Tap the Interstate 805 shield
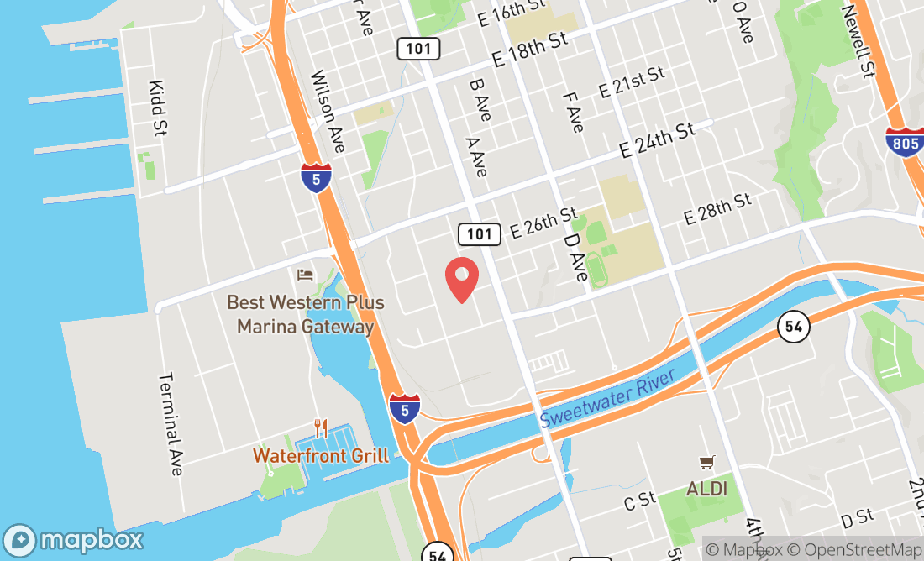[905, 144]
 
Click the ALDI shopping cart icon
[706, 463]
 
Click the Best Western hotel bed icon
[305, 275]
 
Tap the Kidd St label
[157, 108]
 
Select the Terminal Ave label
[171, 423]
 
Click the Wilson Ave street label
[328, 112]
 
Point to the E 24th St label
[658, 140]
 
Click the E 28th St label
[717, 208]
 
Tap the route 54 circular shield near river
[793, 326]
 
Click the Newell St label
[858, 39]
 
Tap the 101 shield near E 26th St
[479, 233]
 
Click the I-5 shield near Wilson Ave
[317, 178]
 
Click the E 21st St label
[632, 83]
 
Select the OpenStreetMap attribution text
[863, 550]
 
